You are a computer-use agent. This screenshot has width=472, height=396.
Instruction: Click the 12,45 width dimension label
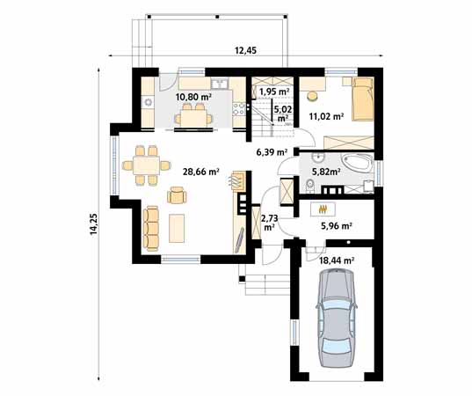pyautogui.click(x=245, y=50)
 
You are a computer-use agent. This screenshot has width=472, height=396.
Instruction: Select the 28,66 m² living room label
pyautogui.click(x=200, y=172)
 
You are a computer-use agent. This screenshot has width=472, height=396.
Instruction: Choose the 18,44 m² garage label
pyautogui.click(x=336, y=260)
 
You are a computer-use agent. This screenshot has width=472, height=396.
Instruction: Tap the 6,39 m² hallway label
pyautogui.click(x=272, y=151)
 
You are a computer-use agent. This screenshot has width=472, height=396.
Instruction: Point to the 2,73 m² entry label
pyautogui.click(x=270, y=220)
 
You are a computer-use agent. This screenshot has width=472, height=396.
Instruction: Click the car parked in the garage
pyautogui.click(x=335, y=319)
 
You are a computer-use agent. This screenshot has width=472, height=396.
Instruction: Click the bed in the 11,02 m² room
pyautogui.click(x=360, y=99)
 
